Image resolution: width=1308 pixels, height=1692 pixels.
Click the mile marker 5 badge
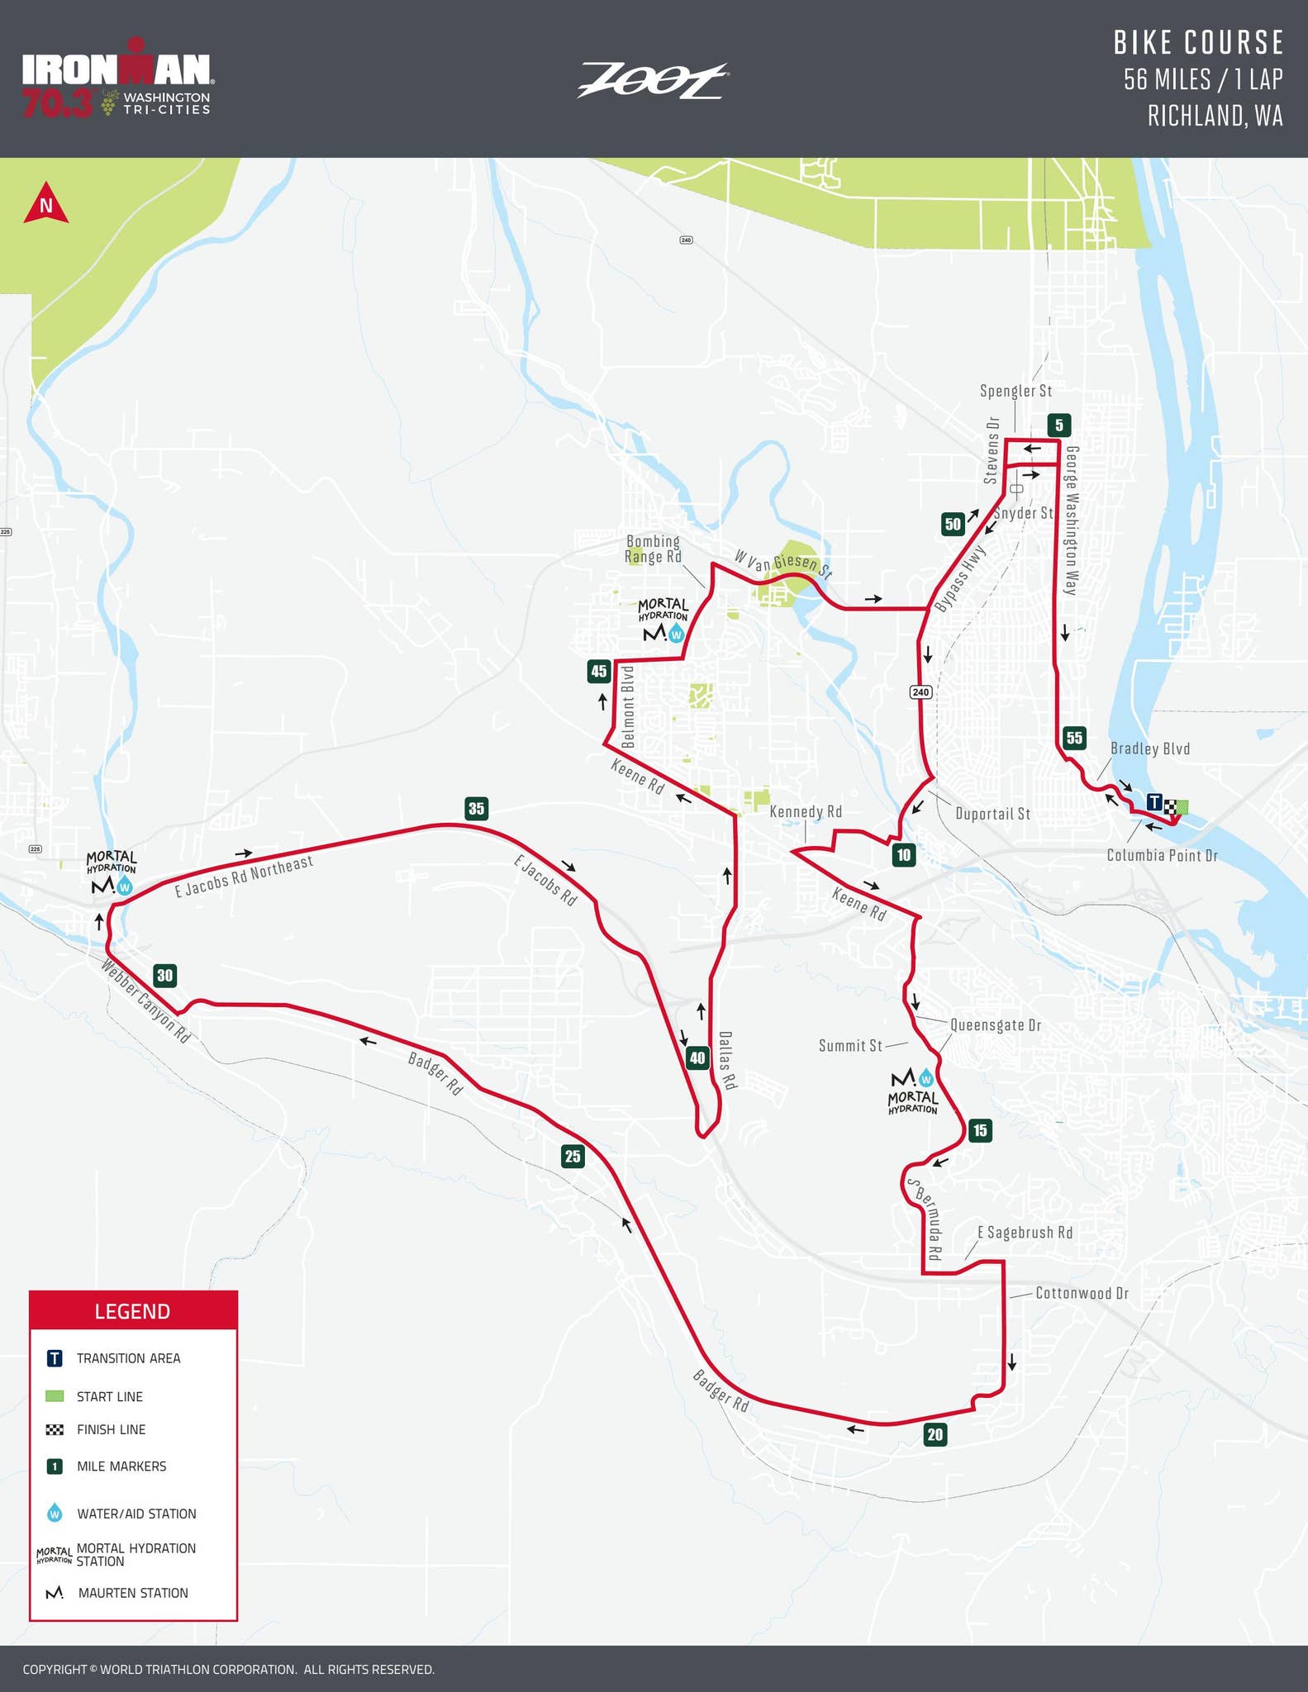(1058, 425)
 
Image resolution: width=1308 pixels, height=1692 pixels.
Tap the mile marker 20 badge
(935, 1434)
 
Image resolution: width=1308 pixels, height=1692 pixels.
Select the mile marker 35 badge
(476, 808)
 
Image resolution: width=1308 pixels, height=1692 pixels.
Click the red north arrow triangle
(46, 204)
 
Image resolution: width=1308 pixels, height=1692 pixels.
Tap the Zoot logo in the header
(652, 81)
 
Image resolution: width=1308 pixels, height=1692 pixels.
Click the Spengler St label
(1015, 391)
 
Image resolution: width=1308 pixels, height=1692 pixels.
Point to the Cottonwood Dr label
(1081, 1293)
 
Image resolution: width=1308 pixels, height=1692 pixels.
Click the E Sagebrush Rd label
(1025, 1232)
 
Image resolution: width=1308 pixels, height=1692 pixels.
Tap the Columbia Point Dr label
(1162, 855)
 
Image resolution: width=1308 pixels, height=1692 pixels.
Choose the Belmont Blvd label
(627, 707)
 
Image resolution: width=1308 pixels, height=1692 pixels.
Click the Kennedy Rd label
(806, 811)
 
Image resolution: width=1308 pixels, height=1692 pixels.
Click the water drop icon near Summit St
(926, 1077)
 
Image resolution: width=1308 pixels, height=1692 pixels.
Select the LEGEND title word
(132, 1311)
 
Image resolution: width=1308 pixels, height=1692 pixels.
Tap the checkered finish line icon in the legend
(55, 1429)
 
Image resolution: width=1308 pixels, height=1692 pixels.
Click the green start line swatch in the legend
(55, 1396)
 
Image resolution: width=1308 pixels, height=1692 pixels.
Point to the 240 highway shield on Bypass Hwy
(921, 692)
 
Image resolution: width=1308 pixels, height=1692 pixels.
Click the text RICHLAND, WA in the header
(1215, 116)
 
